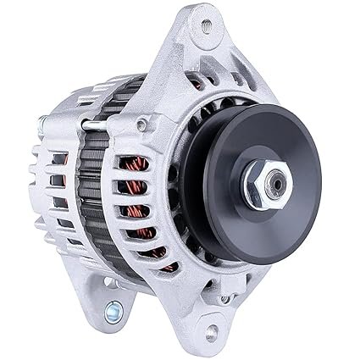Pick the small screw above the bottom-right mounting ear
224,298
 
